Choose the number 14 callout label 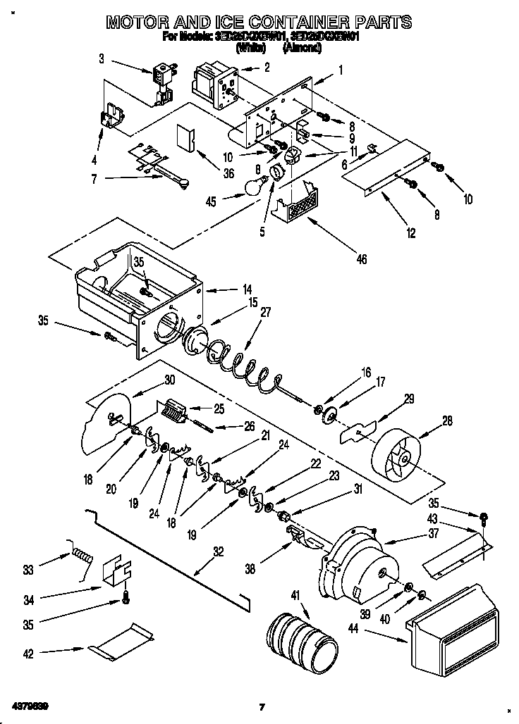click(x=227, y=289)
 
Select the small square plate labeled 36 click(x=186, y=137)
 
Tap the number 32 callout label click(x=219, y=552)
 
